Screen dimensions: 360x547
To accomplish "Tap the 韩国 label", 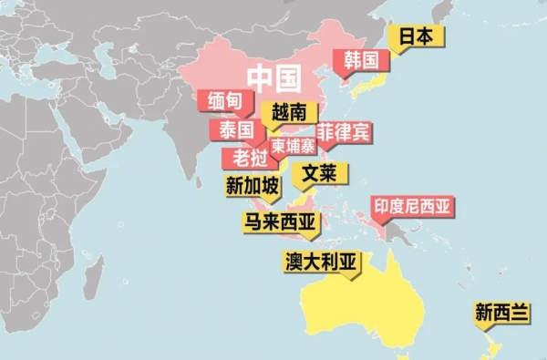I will (361, 61).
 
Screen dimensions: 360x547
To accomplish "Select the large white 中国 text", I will (274, 79).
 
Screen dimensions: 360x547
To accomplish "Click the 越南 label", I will (289, 113).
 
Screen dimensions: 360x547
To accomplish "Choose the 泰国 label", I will (235, 130).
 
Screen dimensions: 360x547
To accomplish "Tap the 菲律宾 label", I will (344, 132).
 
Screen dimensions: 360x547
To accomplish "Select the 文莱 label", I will (319, 172).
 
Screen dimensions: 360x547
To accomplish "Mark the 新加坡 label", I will (253, 186).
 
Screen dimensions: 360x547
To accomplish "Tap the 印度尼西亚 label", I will (412, 206).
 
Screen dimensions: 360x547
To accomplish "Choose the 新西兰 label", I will (501, 313).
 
